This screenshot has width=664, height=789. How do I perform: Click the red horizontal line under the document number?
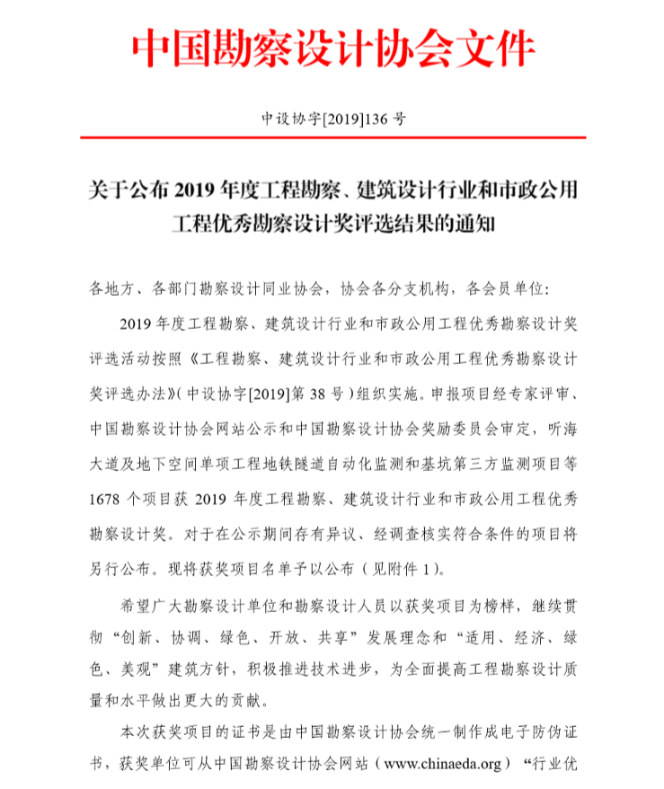point(332,137)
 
